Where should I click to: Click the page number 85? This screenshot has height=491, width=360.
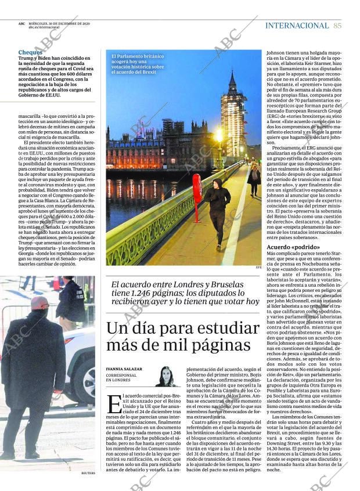click(337, 26)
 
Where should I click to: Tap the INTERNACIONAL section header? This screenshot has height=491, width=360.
click(297, 26)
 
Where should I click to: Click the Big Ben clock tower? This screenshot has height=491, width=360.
click(232, 110)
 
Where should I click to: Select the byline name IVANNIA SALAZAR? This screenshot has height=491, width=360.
click(123, 369)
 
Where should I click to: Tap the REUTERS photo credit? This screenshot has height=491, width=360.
click(88, 473)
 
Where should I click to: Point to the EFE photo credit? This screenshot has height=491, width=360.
click(258, 268)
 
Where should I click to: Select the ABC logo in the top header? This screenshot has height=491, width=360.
click(22, 23)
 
